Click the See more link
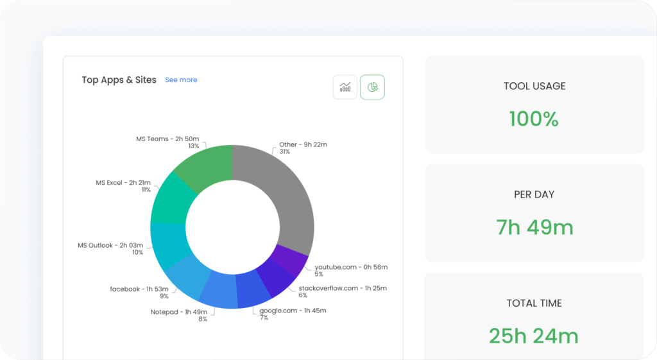tap(181, 80)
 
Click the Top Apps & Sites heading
tap(119, 80)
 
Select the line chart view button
tap(345, 87)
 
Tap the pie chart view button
tap(372, 87)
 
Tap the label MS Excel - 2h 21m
tap(123, 183)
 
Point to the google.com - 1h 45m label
tap(293, 311)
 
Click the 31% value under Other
tap(284, 152)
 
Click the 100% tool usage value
tap(534, 119)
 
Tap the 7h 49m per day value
tap(534, 227)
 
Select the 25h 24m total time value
tap(534, 336)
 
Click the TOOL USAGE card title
tap(534, 86)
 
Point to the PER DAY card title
tap(534, 194)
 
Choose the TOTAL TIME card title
tap(534, 303)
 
